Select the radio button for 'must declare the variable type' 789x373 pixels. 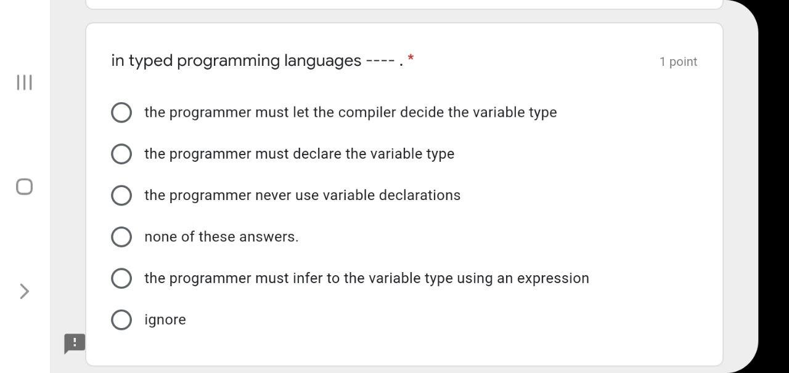pyautogui.click(x=121, y=154)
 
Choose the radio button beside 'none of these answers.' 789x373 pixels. pyautogui.click(x=121, y=236)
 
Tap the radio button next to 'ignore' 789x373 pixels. pyautogui.click(x=121, y=319)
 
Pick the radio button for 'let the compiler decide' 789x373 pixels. pyautogui.click(x=121, y=113)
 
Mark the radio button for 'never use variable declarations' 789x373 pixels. pyautogui.click(x=121, y=195)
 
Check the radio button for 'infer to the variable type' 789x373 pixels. pyautogui.click(x=121, y=278)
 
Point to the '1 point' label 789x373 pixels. pyautogui.click(x=678, y=62)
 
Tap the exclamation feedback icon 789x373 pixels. pyautogui.click(x=75, y=343)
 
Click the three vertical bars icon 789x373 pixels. pyautogui.click(x=24, y=82)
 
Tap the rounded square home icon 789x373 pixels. pyautogui.click(x=24, y=186)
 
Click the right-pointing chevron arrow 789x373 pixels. pyautogui.click(x=24, y=291)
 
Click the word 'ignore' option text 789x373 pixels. pyautogui.click(x=165, y=320)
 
